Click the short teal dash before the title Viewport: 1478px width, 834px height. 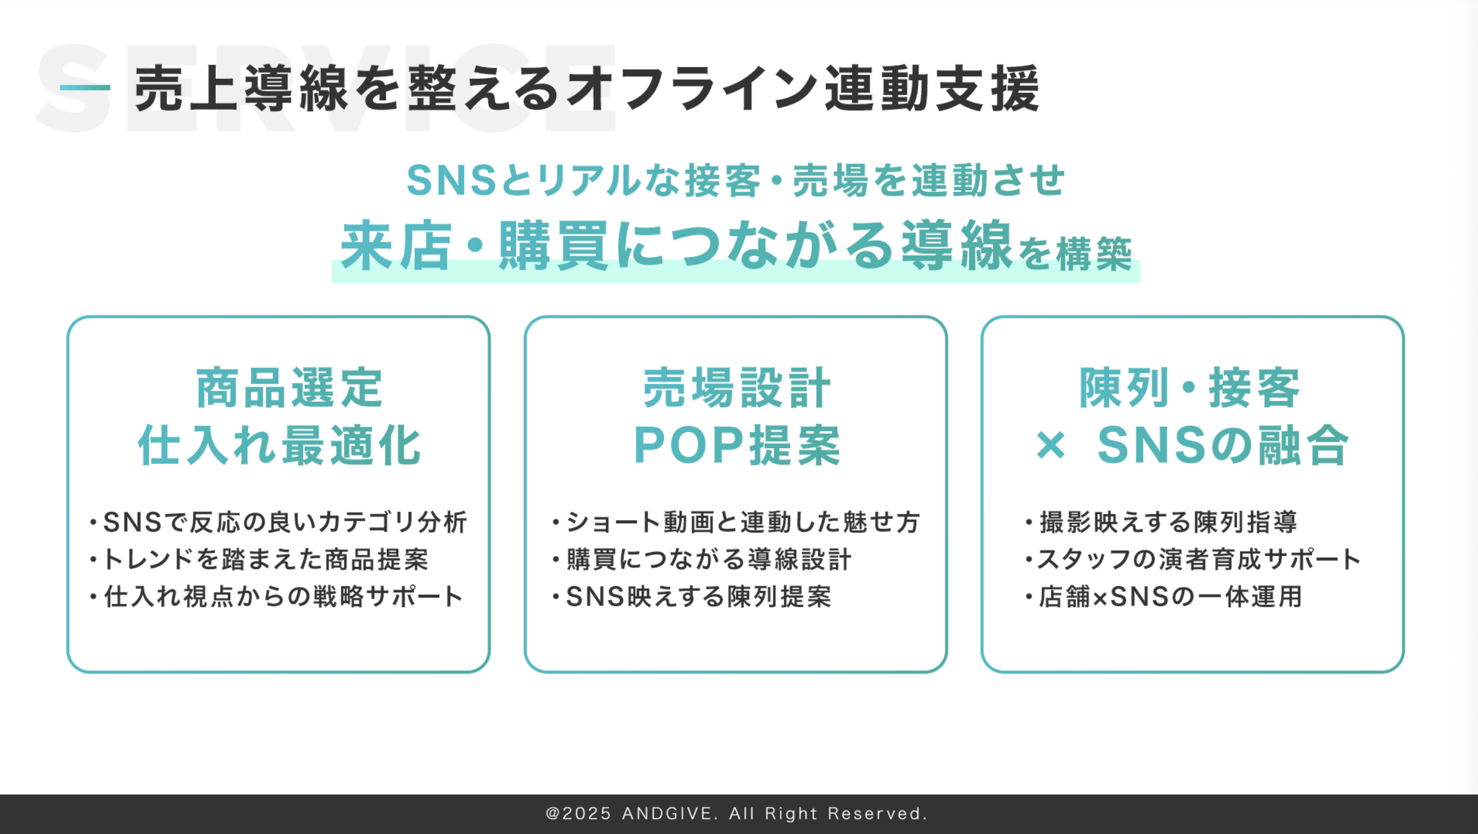pos(85,88)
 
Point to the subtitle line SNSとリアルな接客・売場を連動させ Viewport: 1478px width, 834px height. pos(735,180)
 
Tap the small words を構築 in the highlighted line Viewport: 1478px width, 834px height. pos(1075,253)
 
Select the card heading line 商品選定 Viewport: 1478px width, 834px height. pos(289,388)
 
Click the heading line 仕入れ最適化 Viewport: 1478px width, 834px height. pos(280,445)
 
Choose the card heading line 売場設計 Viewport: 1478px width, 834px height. pos(737,388)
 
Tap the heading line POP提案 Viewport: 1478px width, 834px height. pos(737,445)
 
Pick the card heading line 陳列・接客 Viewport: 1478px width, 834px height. pos(1189,388)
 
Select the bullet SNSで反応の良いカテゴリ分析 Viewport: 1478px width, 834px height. pos(279,522)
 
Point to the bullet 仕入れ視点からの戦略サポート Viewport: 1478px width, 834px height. pos(276,597)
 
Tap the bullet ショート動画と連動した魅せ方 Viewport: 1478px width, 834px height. pos(737,522)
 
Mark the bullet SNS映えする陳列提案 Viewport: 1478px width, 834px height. pos(692,597)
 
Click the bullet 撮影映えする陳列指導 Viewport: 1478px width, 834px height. pos(1163,522)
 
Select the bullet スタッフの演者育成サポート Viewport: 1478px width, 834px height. pos(1194,560)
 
